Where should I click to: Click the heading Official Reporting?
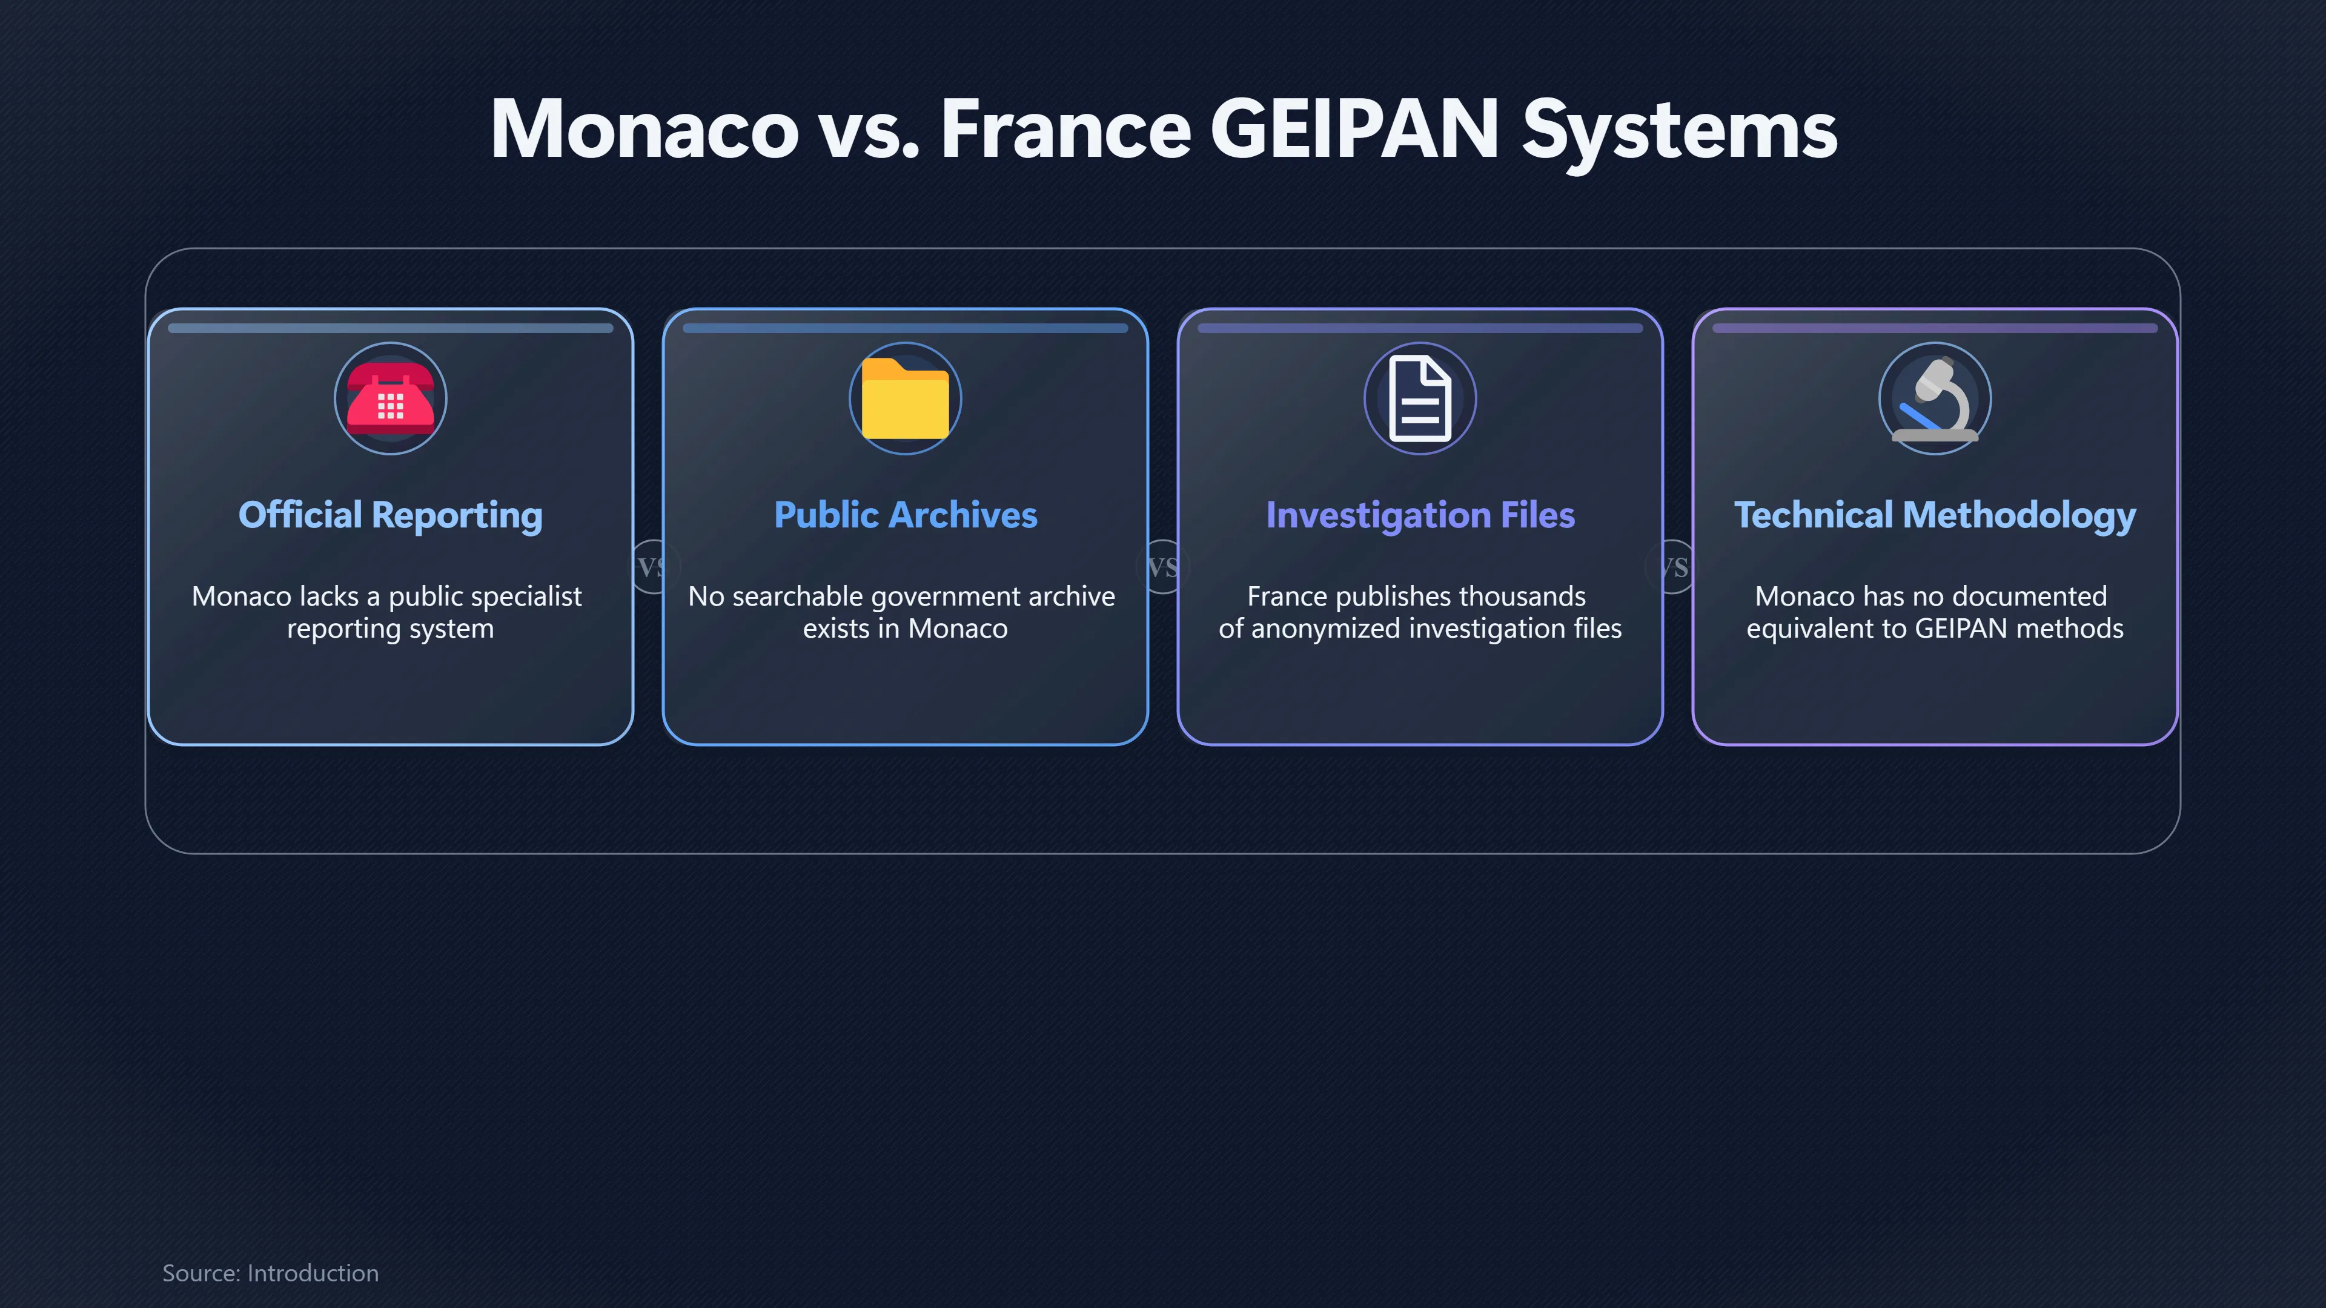[390, 515]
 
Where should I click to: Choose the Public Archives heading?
[906, 515]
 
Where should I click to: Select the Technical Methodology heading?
[1935, 515]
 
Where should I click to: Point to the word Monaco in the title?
[644, 129]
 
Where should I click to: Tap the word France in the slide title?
[1066, 129]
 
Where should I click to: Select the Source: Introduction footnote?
[270, 1273]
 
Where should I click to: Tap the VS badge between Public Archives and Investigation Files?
[1163, 567]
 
